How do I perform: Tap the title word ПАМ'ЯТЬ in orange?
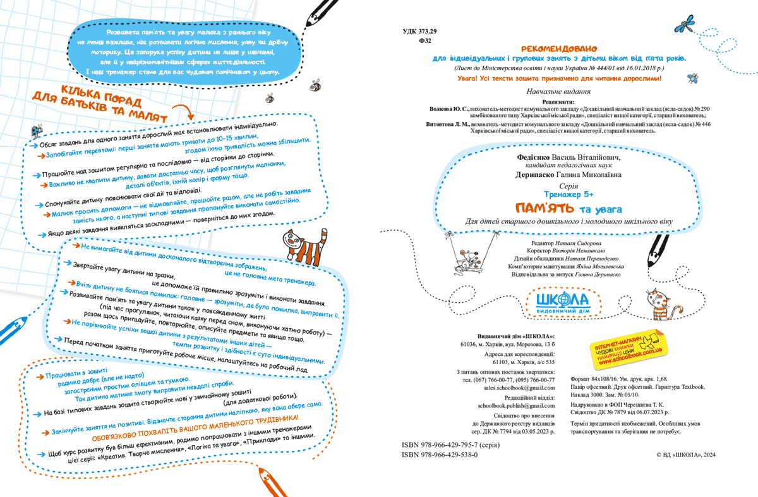pos(544,208)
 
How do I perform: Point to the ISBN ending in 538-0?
pos(440,455)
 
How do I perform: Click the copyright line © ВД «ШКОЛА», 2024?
pos(687,455)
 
